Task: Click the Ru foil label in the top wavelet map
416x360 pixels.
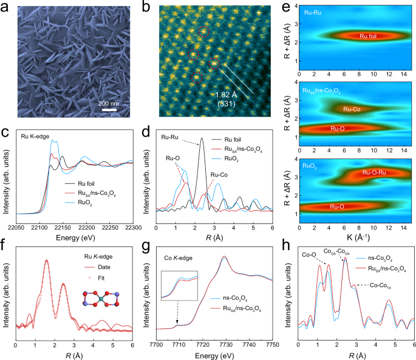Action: coord(355,36)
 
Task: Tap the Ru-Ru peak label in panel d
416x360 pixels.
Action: coord(172,136)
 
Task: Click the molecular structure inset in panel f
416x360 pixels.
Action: coord(101,301)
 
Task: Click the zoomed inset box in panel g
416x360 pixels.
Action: coord(179,286)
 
